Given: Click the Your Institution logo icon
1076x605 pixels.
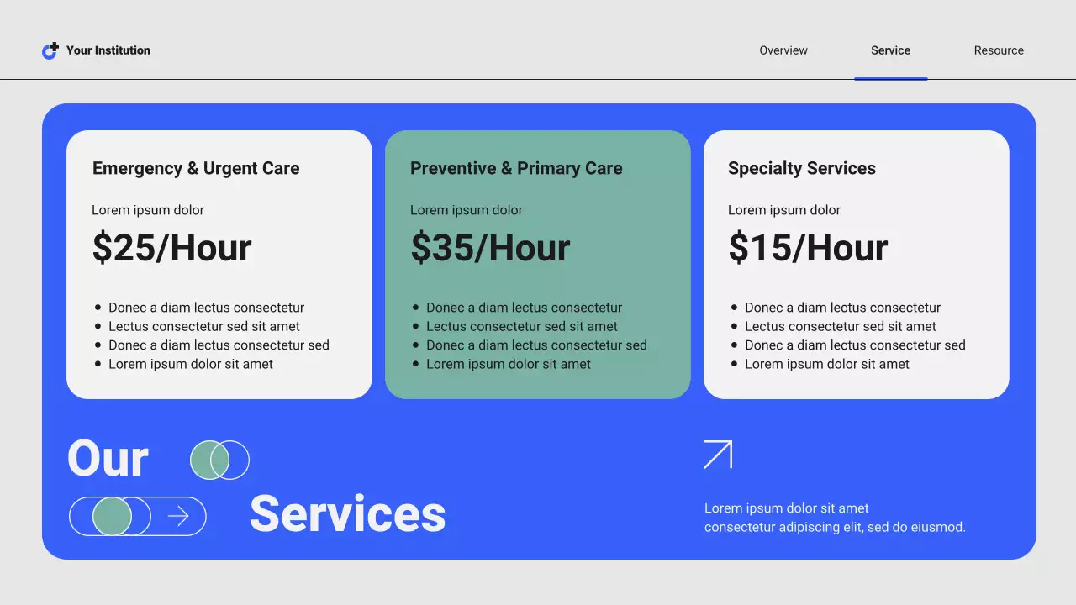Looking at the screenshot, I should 50,50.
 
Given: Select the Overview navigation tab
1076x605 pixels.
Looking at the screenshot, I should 783,50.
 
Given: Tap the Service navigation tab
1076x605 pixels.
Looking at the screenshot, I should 890,50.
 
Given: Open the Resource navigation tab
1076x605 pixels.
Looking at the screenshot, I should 999,50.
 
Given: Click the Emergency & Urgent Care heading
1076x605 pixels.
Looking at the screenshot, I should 196,168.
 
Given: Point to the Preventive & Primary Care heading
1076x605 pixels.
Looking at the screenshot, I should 516,168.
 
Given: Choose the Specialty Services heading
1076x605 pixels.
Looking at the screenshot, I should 802,168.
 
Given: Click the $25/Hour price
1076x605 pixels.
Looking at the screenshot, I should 172,247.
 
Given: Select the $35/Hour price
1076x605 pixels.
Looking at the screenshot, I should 490,247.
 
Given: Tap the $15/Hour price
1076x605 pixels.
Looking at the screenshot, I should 808,247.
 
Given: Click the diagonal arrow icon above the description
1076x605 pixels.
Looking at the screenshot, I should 718,455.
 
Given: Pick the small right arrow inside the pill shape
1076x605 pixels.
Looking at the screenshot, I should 178,516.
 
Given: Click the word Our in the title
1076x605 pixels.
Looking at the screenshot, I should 108,459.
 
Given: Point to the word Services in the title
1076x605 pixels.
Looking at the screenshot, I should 347,513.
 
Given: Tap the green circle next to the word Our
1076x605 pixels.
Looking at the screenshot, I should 209,460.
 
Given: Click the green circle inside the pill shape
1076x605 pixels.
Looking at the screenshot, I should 112,516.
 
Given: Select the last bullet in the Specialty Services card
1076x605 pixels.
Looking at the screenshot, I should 827,364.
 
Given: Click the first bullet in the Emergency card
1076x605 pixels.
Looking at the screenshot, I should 206,308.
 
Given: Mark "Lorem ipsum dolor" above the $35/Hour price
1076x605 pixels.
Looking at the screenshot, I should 467,210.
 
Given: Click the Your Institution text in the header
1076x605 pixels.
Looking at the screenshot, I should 108,50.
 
